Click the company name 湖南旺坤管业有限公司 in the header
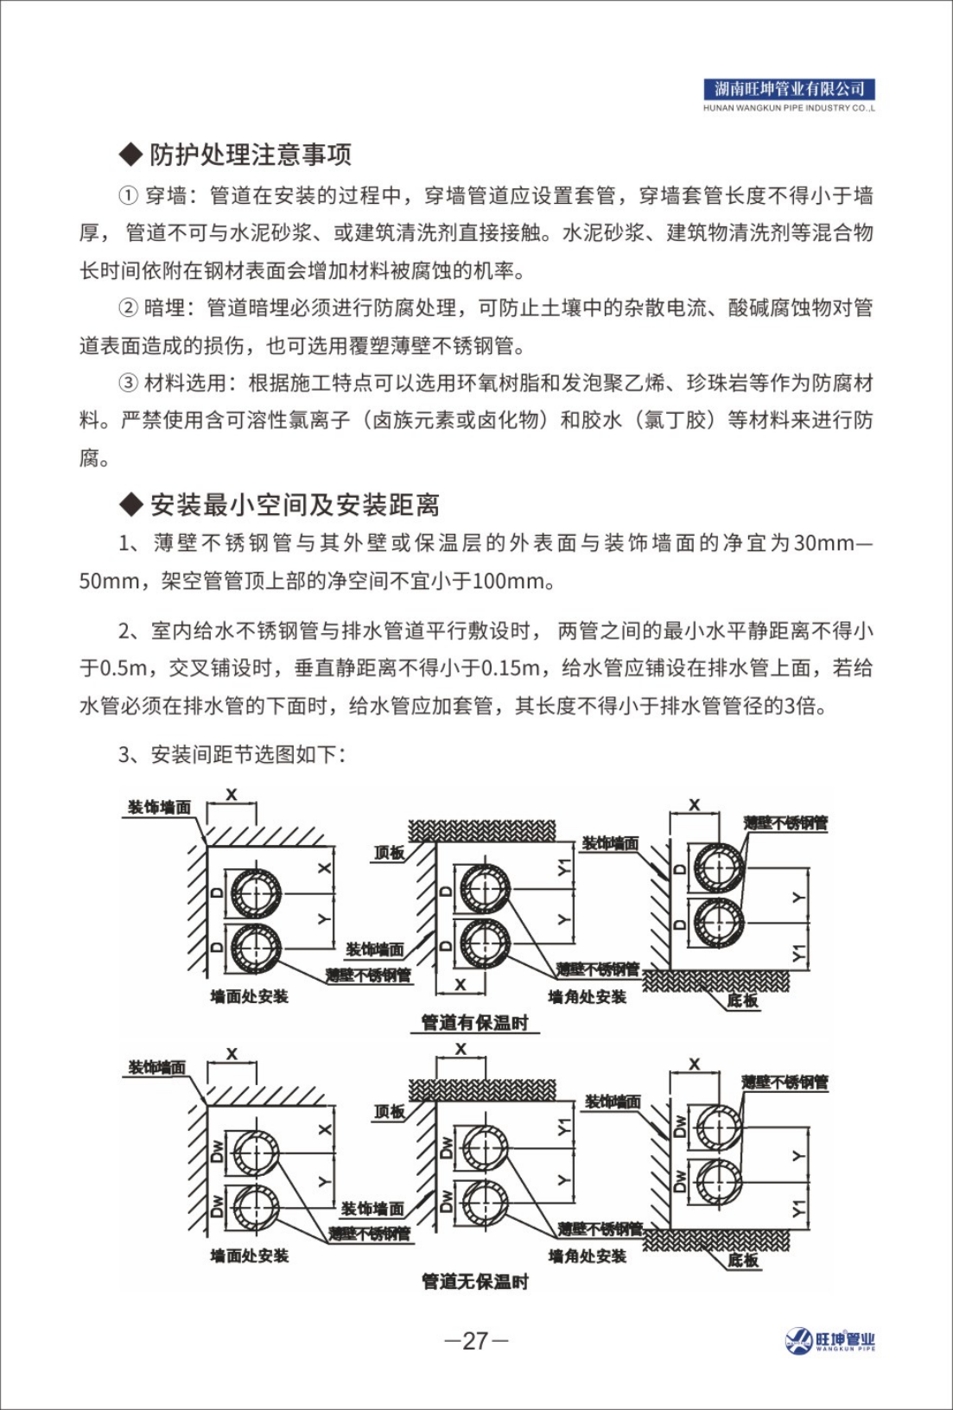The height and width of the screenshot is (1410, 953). (x=789, y=89)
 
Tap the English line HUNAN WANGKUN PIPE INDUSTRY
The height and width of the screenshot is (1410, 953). (x=789, y=109)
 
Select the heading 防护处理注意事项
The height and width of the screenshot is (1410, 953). (x=251, y=155)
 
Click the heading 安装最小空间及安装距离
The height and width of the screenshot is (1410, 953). (x=295, y=505)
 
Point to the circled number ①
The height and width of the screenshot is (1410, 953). (x=128, y=196)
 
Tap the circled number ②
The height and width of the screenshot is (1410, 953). (x=128, y=308)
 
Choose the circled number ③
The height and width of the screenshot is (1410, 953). (x=128, y=383)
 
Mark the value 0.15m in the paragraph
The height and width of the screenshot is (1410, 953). (x=511, y=669)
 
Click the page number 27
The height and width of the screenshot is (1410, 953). (x=476, y=1341)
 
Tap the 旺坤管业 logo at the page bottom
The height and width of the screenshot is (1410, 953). (x=830, y=1341)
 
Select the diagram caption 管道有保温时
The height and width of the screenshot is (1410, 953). (x=474, y=1023)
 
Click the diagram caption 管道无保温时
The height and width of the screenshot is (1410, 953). (x=474, y=1281)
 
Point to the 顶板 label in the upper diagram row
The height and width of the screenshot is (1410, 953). (x=389, y=853)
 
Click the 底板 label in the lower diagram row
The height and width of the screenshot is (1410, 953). (x=743, y=1260)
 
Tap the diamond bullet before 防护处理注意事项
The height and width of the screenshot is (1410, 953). (x=130, y=156)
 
